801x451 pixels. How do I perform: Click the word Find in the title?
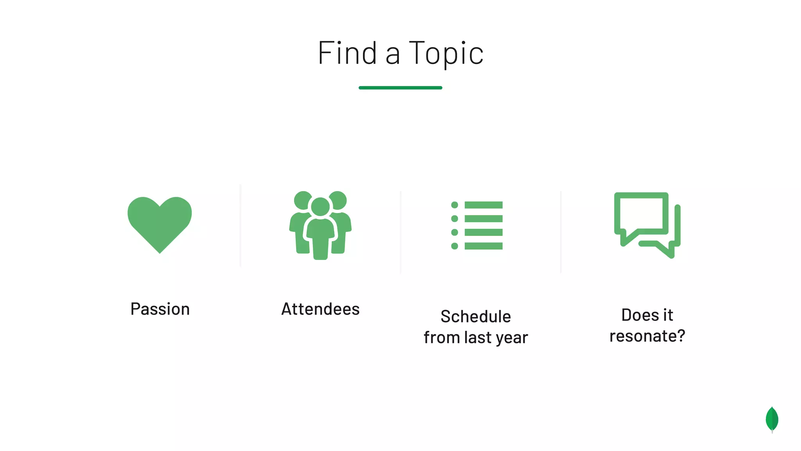[x=347, y=53]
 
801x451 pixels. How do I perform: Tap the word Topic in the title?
[x=446, y=54]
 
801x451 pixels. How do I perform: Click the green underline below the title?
[x=400, y=88]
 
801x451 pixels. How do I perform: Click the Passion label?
[x=160, y=309]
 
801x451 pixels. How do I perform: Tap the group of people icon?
[x=320, y=225]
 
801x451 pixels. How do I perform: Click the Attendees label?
[x=320, y=309]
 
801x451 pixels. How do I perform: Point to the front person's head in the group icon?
[x=320, y=207]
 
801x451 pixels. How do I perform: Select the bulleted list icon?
[x=477, y=225]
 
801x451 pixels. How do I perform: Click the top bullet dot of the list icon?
[x=454, y=205]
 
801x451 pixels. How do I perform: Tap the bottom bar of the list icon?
[x=483, y=246]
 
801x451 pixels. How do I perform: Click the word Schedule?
[x=476, y=317]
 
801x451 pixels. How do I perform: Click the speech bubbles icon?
[x=647, y=225]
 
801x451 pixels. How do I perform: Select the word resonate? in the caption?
[x=647, y=336]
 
